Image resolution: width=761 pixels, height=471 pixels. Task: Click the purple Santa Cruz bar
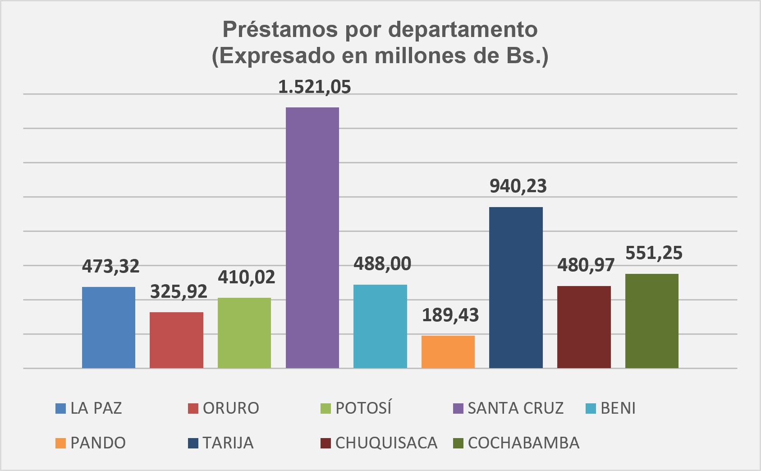coord(312,238)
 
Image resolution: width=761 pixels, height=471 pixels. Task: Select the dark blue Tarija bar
coord(516,288)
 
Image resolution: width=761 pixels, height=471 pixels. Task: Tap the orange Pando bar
coord(448,352)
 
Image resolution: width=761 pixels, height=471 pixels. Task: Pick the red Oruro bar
coord(176,340)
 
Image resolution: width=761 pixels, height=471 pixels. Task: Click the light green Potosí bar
coord(244,333)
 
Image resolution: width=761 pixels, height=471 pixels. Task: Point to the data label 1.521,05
coord(314,87)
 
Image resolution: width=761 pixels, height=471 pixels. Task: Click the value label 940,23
coord(518,186)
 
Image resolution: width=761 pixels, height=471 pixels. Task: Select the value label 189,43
coord(450,315)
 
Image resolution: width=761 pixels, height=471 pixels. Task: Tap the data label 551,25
coord(654,253)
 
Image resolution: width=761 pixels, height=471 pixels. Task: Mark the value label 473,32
coord(110,266)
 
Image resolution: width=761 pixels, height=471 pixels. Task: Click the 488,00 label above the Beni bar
coord(382,264)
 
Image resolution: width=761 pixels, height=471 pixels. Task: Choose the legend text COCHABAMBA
coord(523,443)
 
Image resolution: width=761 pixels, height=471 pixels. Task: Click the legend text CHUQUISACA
coord(386,443)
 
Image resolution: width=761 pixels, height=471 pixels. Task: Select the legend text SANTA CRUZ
coord(515,408)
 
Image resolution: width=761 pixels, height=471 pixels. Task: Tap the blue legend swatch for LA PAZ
coord(60,408)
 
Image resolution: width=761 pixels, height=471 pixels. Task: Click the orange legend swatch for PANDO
coord(60,443)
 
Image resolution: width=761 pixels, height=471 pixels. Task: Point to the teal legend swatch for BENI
coord(591,408)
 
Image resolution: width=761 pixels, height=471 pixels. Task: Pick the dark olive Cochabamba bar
coord(651,321)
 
